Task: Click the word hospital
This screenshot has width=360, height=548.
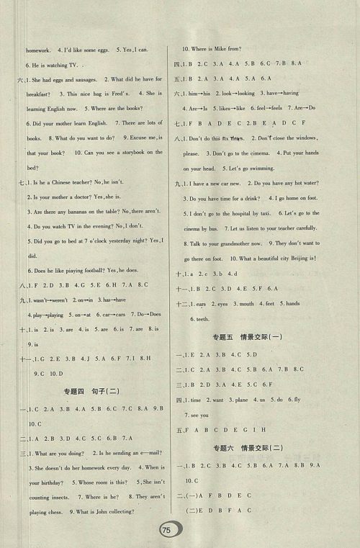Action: tap(245, 214)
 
